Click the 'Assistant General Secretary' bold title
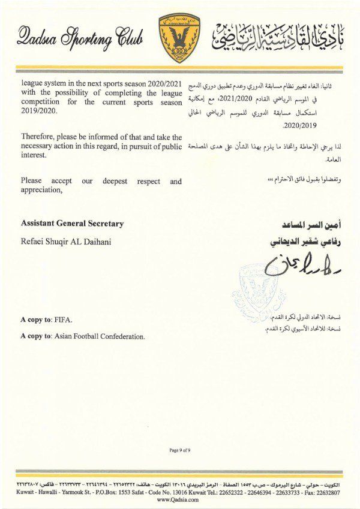[x=72, y=224]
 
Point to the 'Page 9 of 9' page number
[x=179, y=450]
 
